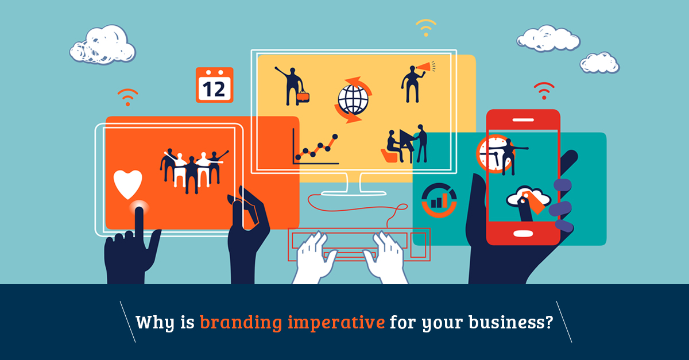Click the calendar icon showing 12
pos(214,85)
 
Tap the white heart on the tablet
pos(127,184)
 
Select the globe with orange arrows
pos(353,100)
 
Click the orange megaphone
pos(425,67)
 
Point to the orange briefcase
pos(303,97)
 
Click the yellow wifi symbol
pos(426,28)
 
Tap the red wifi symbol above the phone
pos(544,91)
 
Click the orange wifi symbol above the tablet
pos(127,97)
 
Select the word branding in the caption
pos(241,323)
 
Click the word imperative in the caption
pos(336,323)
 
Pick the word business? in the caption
pos(511,322)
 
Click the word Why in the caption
pos(155,323)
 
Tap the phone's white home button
pos(523,234)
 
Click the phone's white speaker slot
pos(523,119)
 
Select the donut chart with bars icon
pos(439,200)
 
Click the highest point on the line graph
pos(335,137)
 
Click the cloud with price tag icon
pos(528,199)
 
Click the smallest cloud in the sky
pos(599,63)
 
